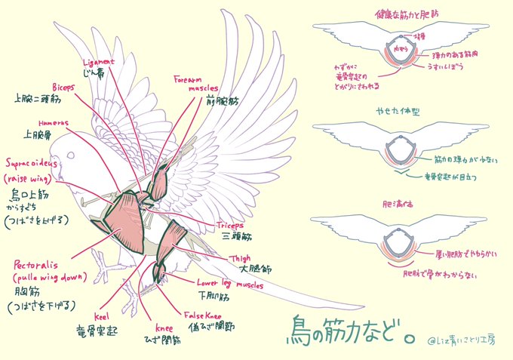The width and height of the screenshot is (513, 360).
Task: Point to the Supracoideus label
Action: click(34, 162)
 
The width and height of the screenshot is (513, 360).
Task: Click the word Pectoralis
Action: click(38, 266)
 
